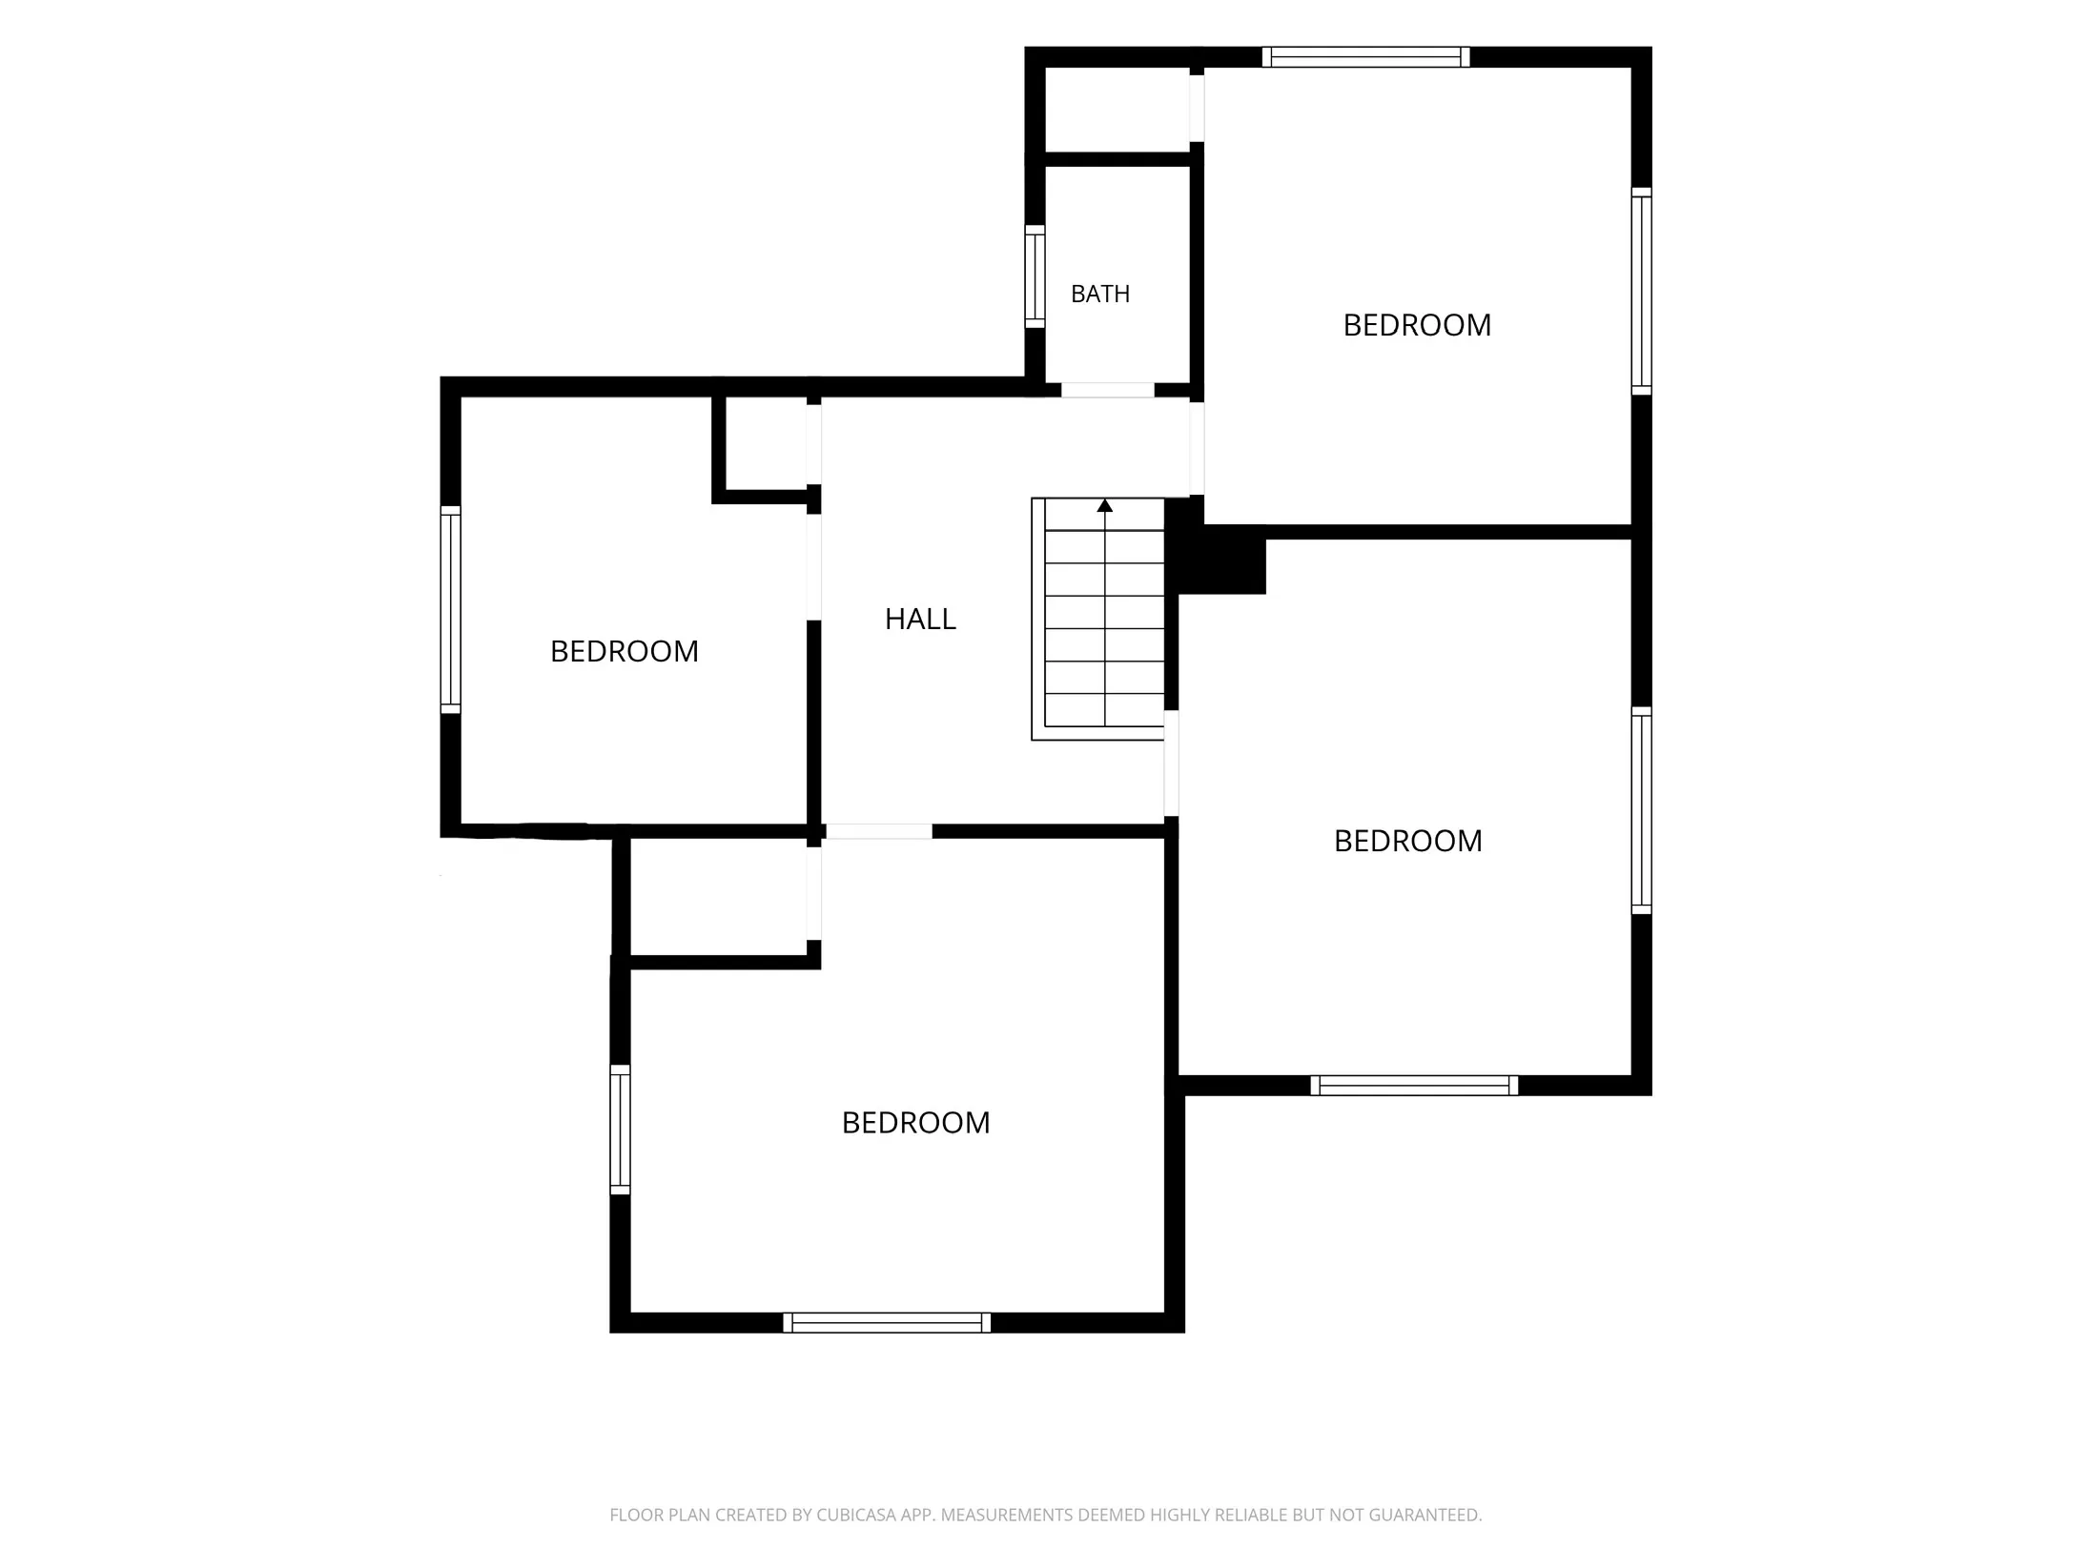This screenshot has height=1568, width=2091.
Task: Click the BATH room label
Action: [1099, 294]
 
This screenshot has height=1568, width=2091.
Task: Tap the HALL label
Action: [920, 619]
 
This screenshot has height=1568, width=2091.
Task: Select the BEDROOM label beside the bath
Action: [1417, 325]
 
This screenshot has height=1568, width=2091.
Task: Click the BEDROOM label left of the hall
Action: [625, 651]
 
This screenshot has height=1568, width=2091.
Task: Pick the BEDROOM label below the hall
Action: [915, 1122]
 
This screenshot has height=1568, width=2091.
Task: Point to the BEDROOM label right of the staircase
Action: [1407, 841]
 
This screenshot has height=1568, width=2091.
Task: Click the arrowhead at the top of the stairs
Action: [1104, 505]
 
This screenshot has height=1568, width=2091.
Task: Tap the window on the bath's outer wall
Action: [1035, 276]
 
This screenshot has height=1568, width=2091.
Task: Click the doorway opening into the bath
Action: [1107, 390]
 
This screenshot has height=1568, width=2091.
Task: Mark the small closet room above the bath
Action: [1117, 109]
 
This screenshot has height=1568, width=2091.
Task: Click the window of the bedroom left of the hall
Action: [450, 609]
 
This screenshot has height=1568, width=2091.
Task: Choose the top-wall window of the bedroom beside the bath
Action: [1365, 57]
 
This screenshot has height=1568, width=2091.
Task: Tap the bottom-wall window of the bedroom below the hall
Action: [887, 1322]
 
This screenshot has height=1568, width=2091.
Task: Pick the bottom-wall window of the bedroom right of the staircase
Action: [1414, 1085]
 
